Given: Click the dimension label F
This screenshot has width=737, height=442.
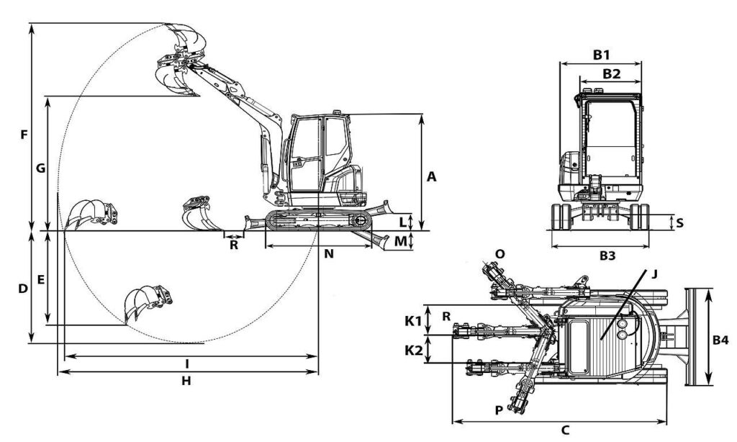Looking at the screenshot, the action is pos(24,135).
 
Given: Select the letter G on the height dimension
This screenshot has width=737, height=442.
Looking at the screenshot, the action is pos(41,168).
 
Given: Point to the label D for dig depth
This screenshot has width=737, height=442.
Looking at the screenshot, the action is pos(23,289).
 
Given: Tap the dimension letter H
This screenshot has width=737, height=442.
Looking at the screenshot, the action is pos(186,381).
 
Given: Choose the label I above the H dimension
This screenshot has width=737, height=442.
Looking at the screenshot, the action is pos(187,364).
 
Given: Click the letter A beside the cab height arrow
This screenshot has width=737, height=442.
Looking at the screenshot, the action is pos(432,177).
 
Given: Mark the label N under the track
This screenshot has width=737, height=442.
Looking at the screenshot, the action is pos(329,254).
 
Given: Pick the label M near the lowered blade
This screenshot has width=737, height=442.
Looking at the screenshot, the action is pos(400,242).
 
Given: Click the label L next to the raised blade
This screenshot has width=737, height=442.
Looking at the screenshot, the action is pos(403,222).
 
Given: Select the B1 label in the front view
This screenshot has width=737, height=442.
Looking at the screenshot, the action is pos(601,55).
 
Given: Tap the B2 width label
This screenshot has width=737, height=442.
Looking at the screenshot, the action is pos(612,73).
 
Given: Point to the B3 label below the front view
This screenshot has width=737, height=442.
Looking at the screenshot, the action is pos(607,256).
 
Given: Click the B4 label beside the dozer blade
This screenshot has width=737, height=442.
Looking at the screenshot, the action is pos(720,340).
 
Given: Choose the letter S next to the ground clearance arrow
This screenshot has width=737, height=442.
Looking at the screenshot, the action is pos(679,222).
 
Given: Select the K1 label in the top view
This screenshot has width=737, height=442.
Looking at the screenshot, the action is pos(414,321).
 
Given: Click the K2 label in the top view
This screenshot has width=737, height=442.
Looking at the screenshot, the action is pos(414,351).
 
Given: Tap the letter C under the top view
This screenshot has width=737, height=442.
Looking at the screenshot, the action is pos(566,430).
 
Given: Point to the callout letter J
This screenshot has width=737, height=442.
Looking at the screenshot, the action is pos(654,274).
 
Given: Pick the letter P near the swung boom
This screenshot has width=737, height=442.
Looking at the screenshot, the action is pos(499,410).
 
